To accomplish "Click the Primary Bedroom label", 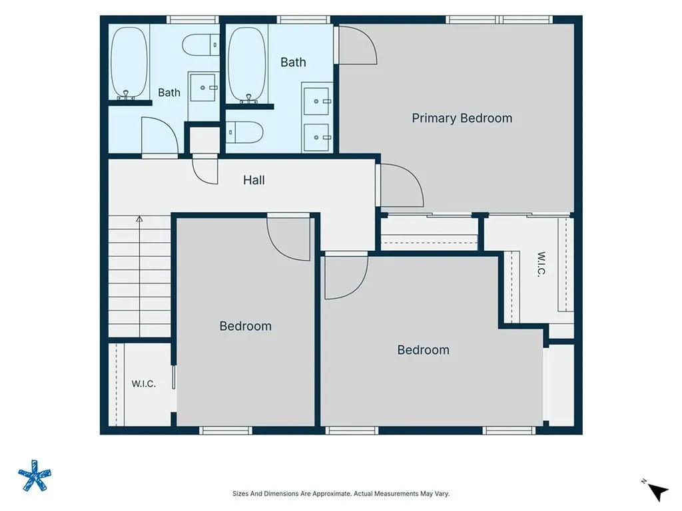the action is [462, 118].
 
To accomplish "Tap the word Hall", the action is [254, 180].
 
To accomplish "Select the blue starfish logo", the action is [35, 475].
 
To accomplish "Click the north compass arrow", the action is [659, 492].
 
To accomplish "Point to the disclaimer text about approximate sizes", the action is [341, 494].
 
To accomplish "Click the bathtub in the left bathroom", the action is [129, 63].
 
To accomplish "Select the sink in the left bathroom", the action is [203, 87].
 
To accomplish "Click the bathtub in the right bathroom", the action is [247, 65].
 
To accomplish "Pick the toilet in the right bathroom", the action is [244, 132].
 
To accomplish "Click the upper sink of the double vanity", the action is [316, 101].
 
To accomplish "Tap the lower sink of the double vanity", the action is [316, 137].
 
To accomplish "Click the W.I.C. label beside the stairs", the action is [144, 384].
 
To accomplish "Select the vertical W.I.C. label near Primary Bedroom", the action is [541, 263].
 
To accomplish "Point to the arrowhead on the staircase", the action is [139, 219].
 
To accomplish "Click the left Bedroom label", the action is [245, 326].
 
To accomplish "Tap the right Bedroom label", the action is [423, 350].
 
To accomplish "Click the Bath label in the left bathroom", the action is [169, 92].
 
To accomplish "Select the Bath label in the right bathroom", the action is [293, 62].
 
